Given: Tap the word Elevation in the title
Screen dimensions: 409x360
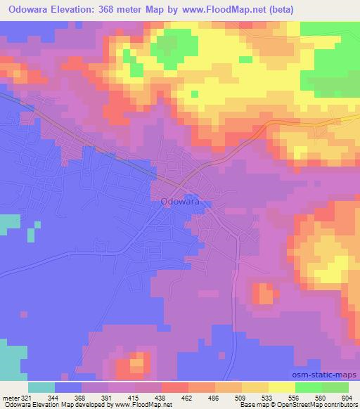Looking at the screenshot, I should [77, 10].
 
